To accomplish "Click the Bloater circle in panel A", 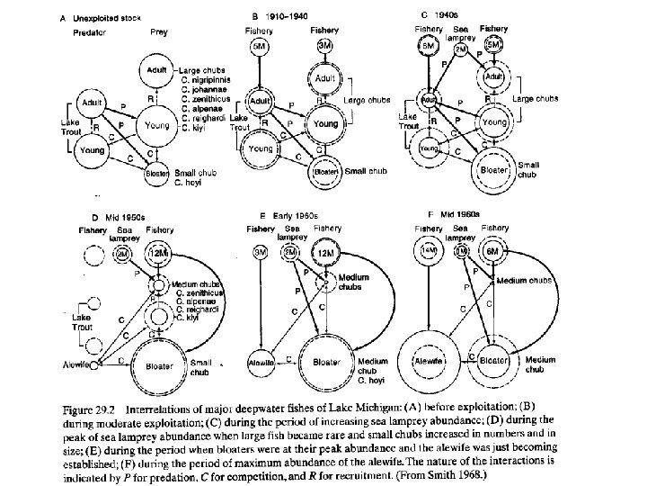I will tap(157, 171).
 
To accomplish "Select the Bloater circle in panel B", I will tap(325, 171).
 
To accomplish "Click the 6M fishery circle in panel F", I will tap(492, 253).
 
